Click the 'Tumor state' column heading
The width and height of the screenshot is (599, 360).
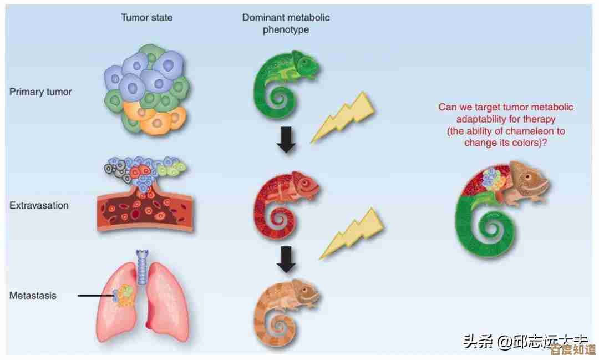tap(146, 17)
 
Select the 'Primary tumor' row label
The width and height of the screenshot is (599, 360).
tap(40, 92)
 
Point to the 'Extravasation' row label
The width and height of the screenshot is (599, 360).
tap(39, 205)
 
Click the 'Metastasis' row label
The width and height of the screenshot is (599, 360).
tap(33, 296)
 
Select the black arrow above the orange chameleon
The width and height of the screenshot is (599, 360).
tap(286, 258)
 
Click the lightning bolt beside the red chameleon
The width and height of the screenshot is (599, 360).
tap(352, 233)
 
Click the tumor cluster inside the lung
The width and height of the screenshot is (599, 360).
tap(124, 296)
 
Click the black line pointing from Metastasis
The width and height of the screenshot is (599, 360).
tap(95, 296)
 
